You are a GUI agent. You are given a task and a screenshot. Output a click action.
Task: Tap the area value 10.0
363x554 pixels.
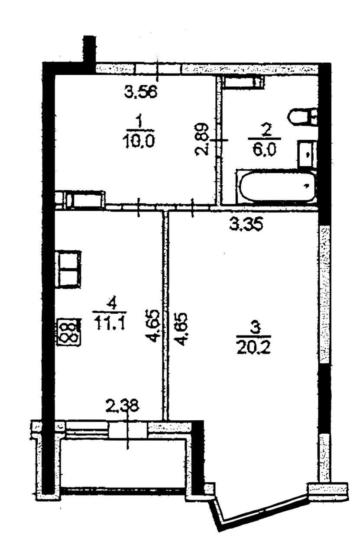tap(139, 141)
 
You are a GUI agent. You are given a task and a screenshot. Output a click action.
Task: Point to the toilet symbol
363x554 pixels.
tap(303, 116)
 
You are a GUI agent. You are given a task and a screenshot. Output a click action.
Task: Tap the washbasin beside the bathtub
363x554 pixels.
tap(307, 154)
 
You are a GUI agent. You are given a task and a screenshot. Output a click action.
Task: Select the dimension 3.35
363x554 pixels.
tap(246, 225)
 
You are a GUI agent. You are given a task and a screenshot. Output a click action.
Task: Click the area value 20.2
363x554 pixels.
tap(254, 347)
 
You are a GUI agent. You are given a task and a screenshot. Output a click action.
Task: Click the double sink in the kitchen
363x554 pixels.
tap(68, 269)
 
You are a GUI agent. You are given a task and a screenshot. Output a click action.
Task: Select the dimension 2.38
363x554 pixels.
tap(122, 406)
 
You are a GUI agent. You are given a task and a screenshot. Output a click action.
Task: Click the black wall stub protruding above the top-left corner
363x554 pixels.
tap(89, 49)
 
